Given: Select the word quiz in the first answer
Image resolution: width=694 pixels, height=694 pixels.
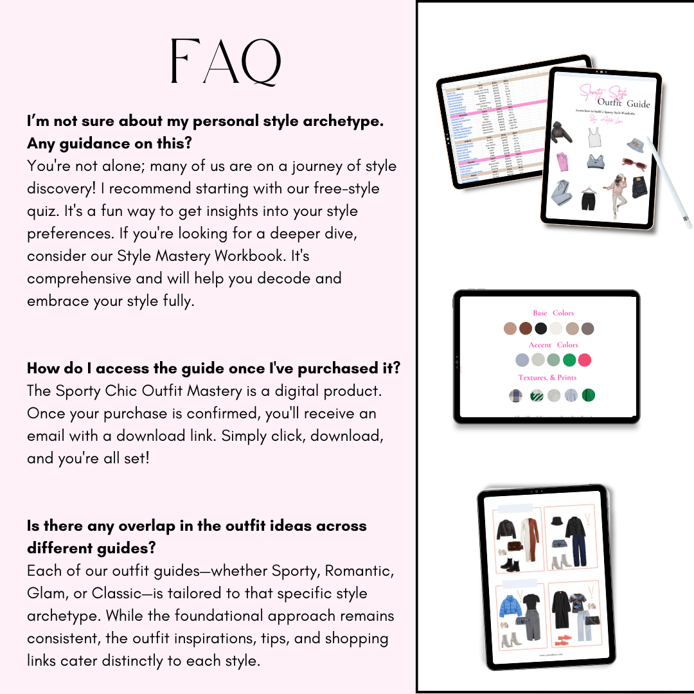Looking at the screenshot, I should pyautogui.click(x=45, y=211).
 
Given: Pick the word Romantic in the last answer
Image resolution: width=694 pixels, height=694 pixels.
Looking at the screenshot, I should pyautogui.click(x=360, y=571).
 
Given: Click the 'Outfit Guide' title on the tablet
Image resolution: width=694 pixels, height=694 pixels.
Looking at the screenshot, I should pyautogui.click(x=623, y=103).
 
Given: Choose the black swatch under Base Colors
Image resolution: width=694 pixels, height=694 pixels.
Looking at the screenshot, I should pyautogui.click(x=541, y=329).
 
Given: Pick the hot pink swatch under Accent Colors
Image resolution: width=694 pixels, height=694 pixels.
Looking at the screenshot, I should pyautogui.click(x=585, y=360).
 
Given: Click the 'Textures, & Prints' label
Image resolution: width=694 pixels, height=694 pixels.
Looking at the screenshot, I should pyautogui.click(x=547, y=377).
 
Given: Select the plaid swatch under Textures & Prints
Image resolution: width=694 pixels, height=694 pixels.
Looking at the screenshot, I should pyautogui.click(x=515, y=396).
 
